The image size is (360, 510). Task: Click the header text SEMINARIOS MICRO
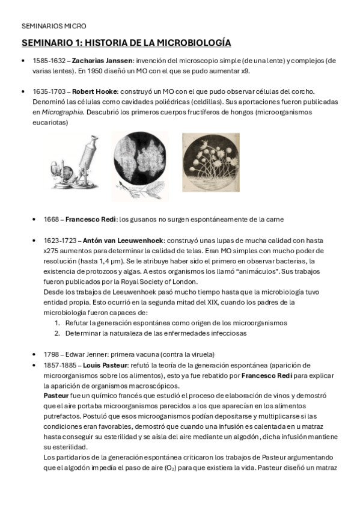point(54,26)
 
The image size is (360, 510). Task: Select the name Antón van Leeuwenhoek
point(114,240)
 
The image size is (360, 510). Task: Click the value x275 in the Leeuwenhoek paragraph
point(52,250)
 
